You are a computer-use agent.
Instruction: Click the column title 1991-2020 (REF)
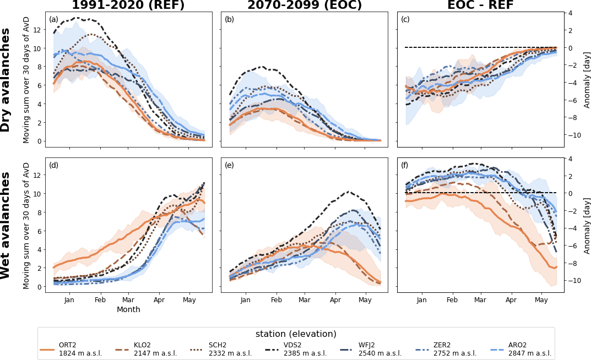click(128, 6)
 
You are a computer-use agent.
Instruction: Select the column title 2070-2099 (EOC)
click(305, 6)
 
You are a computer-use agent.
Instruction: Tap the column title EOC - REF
click(480, 6)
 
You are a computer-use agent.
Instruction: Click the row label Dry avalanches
click(6, 80)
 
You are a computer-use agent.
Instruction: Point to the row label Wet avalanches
click(6, 225)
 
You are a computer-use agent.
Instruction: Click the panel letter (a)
click(53, 19)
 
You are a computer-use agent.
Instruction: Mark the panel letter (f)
click(405, 165)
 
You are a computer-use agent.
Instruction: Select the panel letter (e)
click(229, 165)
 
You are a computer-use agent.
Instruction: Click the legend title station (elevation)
click(296, 334)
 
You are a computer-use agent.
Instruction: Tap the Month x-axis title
click(128, 310)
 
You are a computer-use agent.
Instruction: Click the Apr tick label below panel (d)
click(159, 300)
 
